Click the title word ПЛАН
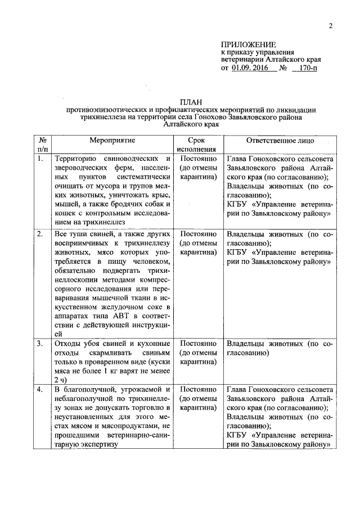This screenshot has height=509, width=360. (191, 101)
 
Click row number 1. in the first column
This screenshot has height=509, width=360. (40, 159)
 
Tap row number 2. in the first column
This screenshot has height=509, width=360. (40, 233)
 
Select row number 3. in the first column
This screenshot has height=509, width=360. (40, 343)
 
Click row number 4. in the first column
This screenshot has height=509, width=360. (40, 389)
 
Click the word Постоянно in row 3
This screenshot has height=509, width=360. (196, 343)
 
